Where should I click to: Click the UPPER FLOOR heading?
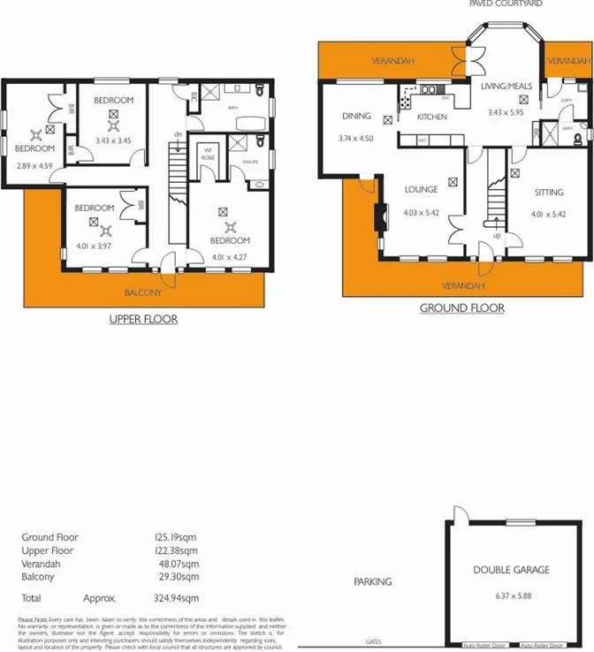point(143,318)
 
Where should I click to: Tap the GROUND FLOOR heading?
point(461,308)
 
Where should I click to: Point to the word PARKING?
point(373,582)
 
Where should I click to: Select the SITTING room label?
point(549,191)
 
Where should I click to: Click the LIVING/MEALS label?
point(506,87)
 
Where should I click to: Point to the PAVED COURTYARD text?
point(506,4)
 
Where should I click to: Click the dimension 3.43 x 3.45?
point(113,140)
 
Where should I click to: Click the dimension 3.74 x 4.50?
point(356,140)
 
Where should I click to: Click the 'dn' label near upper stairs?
point(178,133)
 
